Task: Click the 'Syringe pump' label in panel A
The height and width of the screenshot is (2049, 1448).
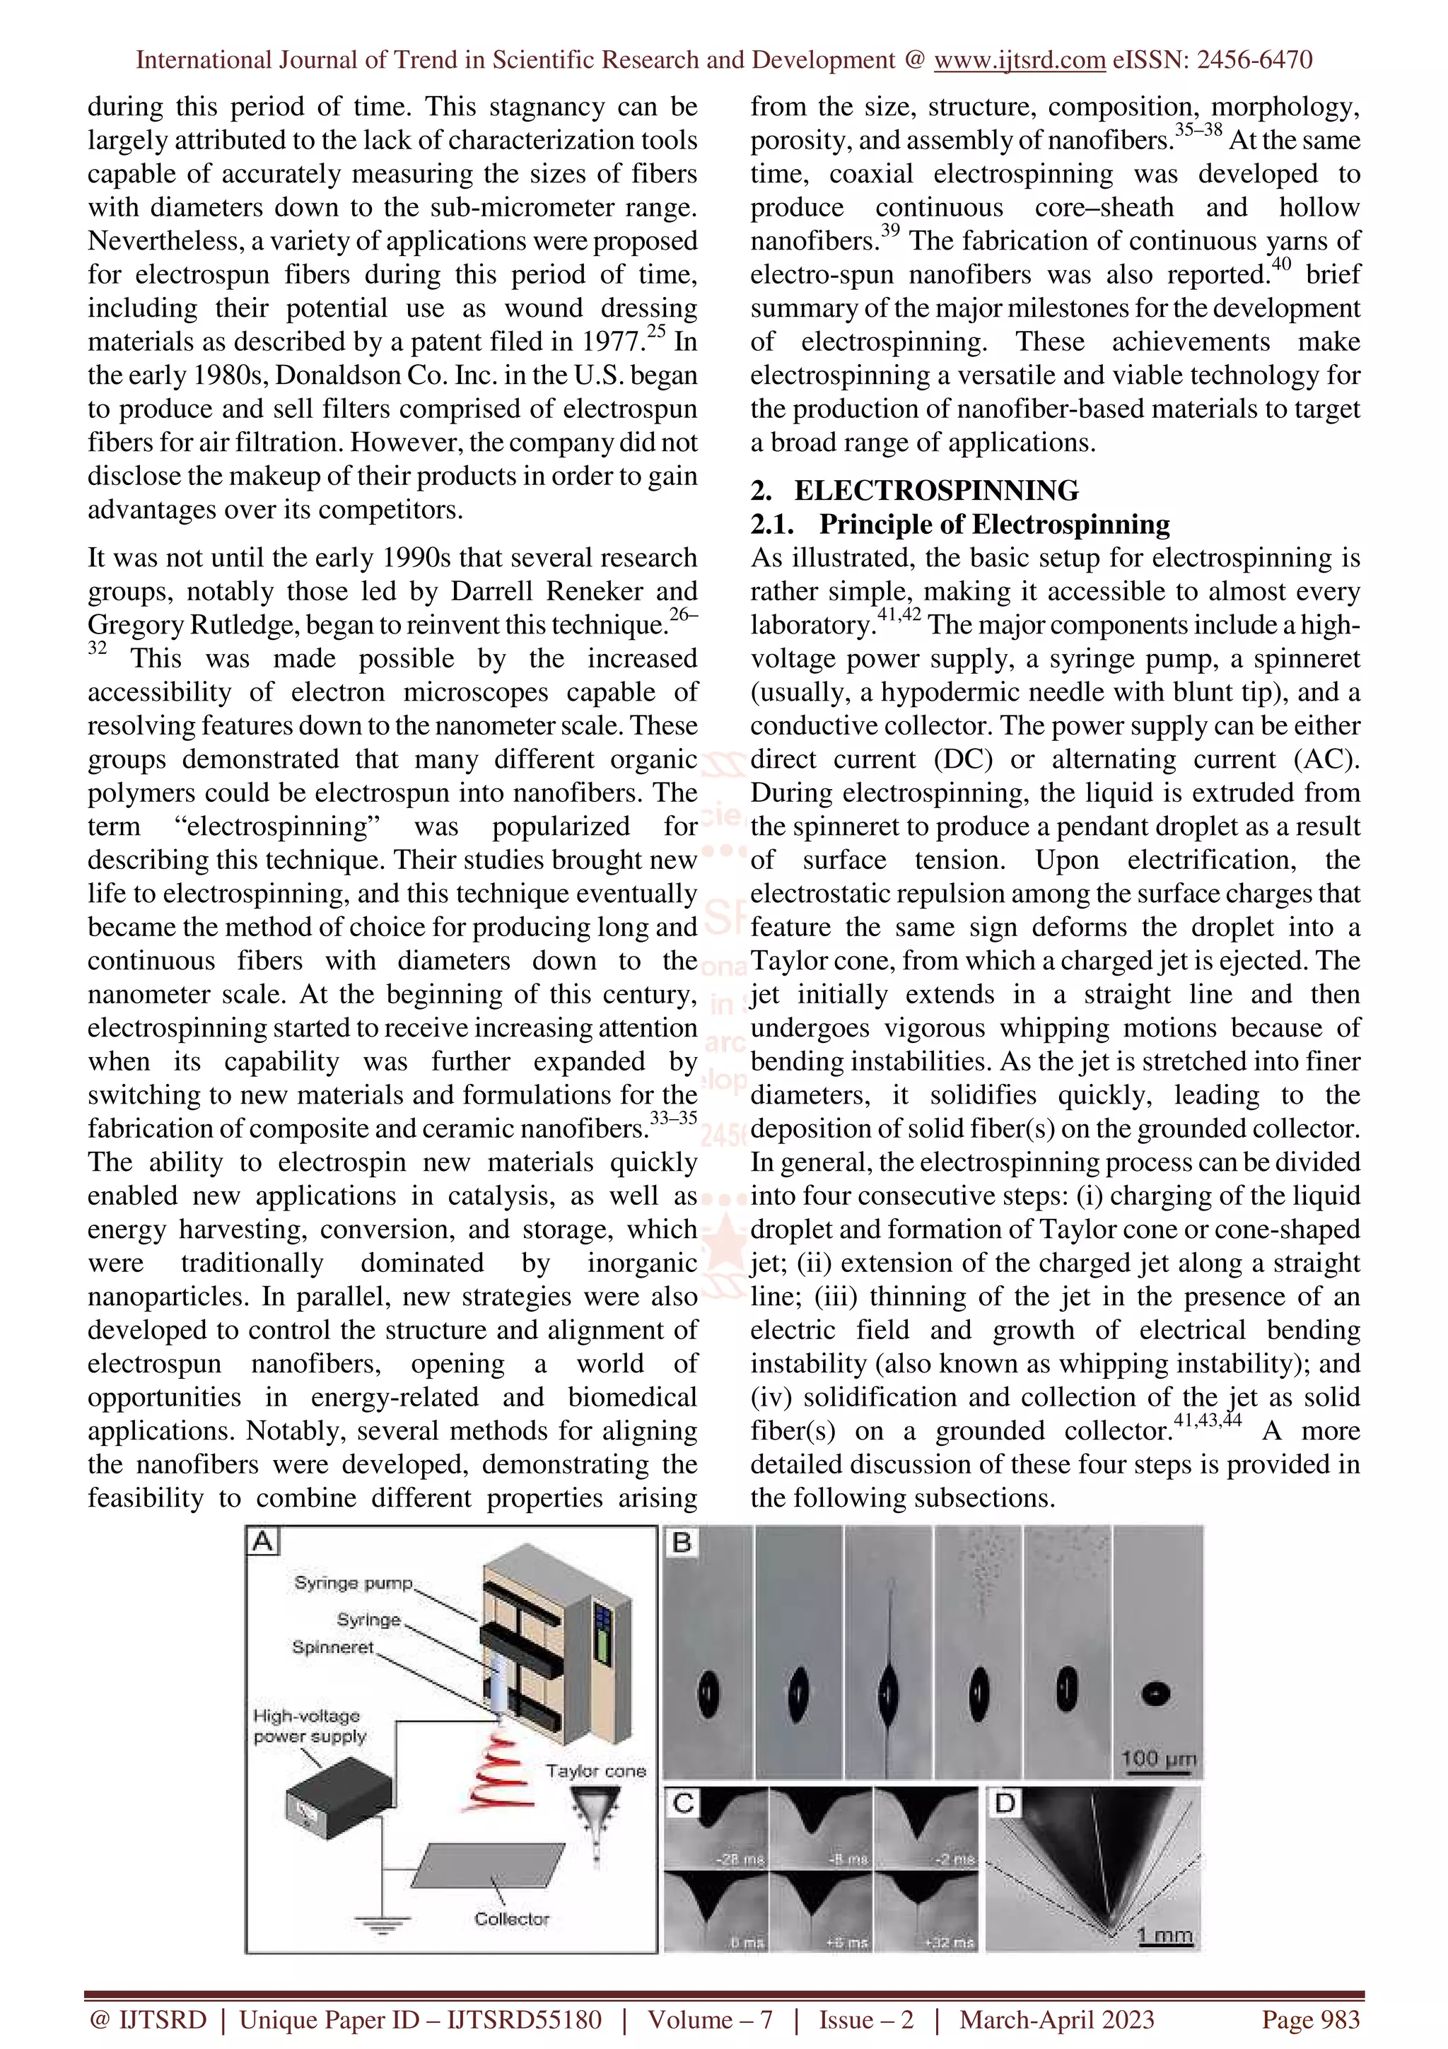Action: pos(354,1583)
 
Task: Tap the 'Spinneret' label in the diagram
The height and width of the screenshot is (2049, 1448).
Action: pos(333,1647)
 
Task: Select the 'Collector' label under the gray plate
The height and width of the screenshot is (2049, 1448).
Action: pos(511,1919)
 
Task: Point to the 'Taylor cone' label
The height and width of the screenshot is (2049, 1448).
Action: pos(595,1771)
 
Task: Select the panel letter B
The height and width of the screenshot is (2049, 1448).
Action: pos(682,1542)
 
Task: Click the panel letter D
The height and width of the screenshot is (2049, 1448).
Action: pos(1005,1804)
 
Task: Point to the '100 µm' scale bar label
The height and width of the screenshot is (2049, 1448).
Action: pos(1158,1758)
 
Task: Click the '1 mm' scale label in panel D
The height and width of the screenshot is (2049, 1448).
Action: pos(1164,1934)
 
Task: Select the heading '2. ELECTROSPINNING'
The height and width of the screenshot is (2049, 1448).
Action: pos(914,490)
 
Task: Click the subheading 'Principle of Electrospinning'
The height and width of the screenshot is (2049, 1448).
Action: pos(994,524)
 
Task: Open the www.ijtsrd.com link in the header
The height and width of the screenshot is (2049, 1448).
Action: pos(1020,60)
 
